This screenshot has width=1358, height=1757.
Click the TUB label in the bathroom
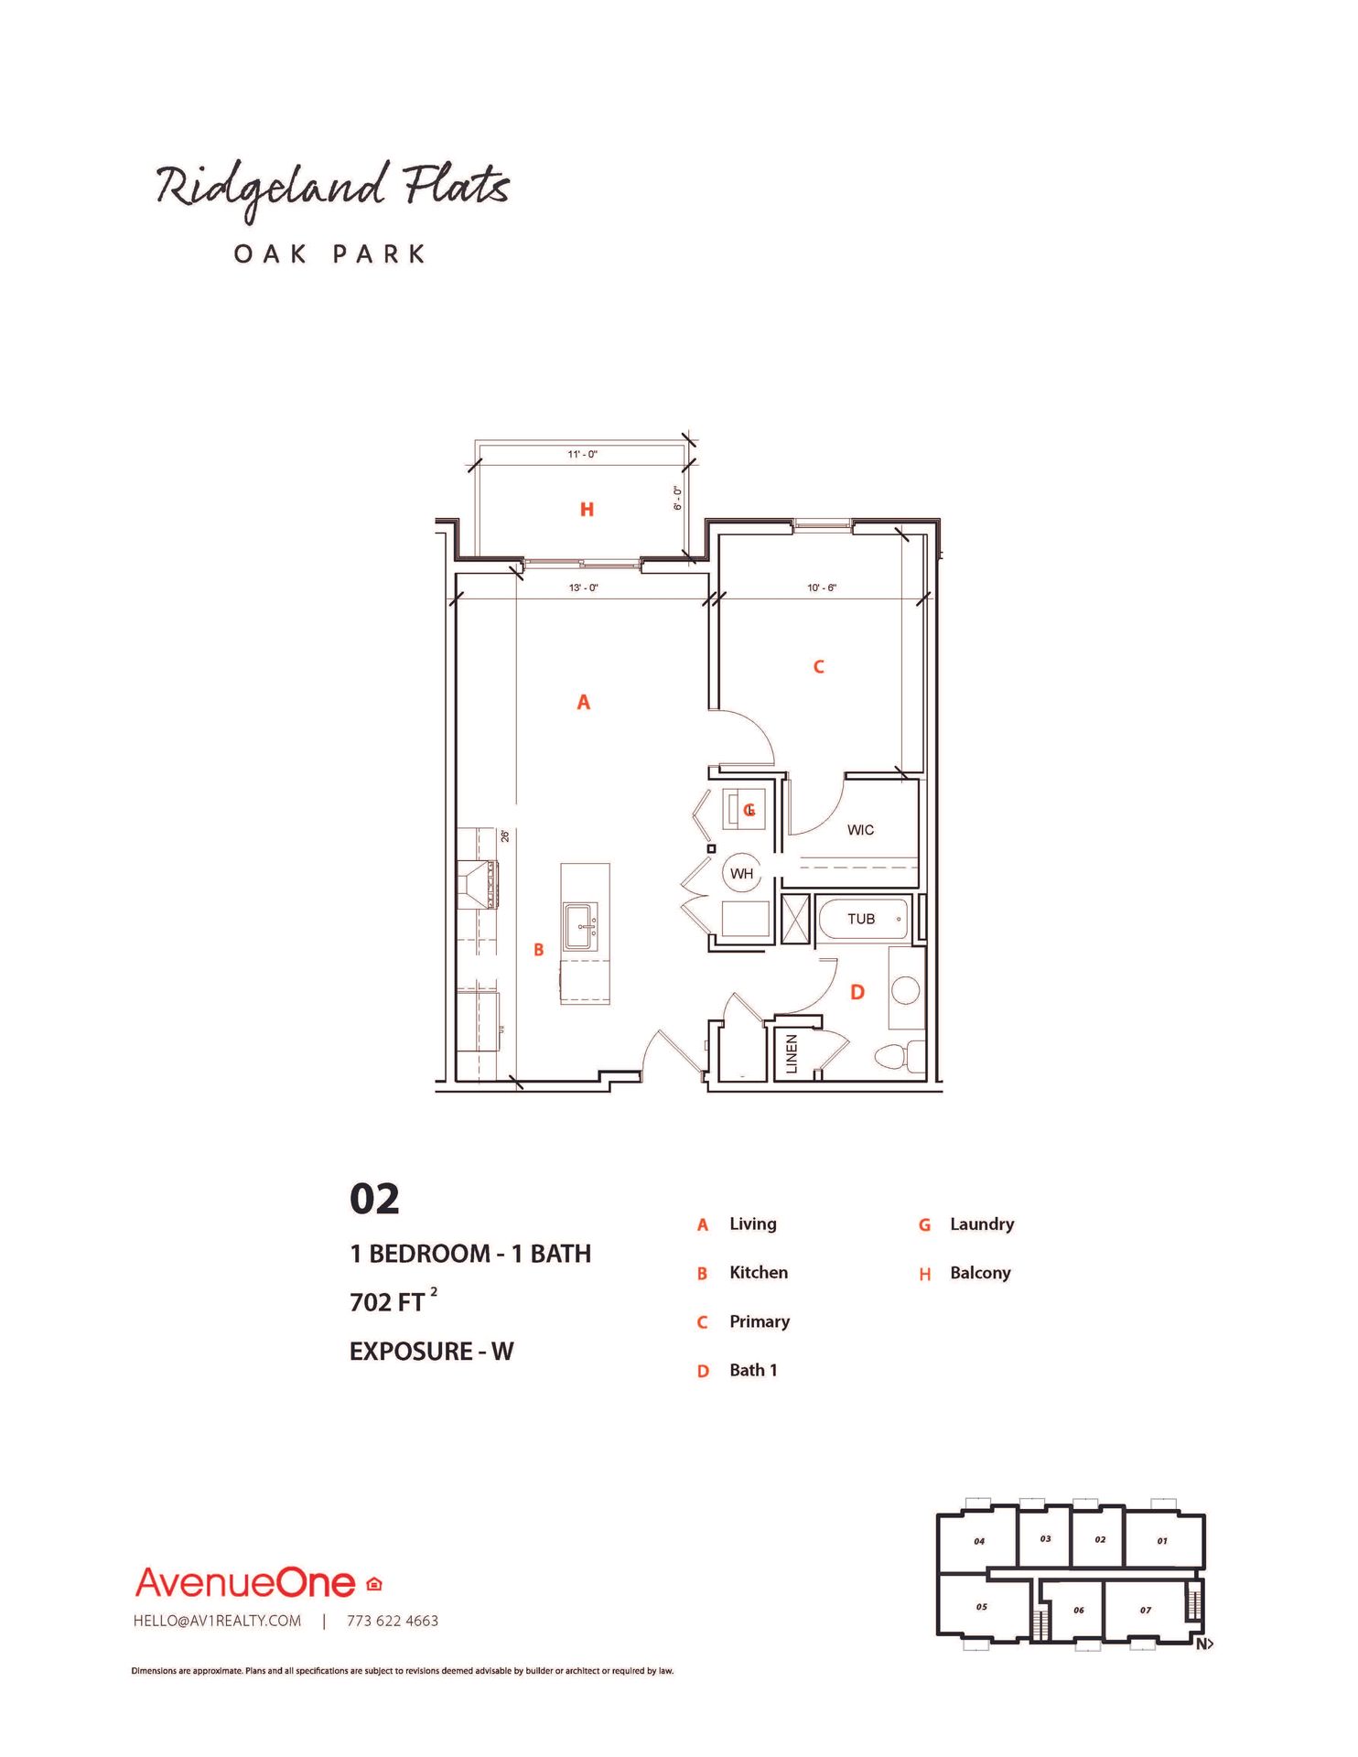860,919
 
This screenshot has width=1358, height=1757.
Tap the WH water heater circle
741,873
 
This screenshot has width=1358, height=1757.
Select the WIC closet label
860,830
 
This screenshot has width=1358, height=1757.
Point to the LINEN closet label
792,1053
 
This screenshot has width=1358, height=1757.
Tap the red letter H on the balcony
587,510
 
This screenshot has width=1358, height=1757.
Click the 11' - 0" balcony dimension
582,454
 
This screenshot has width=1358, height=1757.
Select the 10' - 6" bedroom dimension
821,587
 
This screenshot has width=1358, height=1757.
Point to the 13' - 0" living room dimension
583,587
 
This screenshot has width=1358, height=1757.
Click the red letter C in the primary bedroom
819,667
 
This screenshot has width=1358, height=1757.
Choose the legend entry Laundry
981,1224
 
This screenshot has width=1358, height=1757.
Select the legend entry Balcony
979,1273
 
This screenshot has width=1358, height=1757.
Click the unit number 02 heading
374,1199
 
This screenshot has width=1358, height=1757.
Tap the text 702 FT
388,1301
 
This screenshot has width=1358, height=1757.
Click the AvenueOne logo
245,1583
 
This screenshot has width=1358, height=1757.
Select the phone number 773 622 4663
392,1621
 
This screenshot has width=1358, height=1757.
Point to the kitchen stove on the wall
477,885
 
